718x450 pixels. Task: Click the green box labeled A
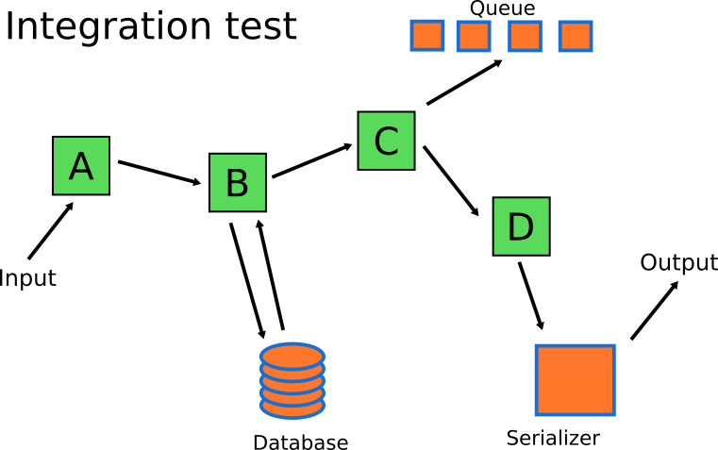tap(81, 166)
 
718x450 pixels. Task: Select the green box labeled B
tap(237, 182)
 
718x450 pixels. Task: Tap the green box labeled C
tap(386, 141)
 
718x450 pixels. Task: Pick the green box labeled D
tap(521, 226)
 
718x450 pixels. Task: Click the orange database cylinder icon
tap(292, 381)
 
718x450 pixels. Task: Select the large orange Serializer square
tap(576, 380)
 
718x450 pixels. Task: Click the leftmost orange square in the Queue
tap(426, 36)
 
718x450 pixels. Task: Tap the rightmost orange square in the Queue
tap(575, 36)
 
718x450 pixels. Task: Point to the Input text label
tap(27, 278)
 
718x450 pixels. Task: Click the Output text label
tap(678, 262)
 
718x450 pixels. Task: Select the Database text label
tap(300, 442)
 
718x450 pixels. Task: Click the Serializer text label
tap(553, 438)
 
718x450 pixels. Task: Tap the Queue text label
tap(502, 9)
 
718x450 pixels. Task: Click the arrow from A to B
tap(159, 173)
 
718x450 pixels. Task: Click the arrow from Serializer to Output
tap(654, 310)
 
